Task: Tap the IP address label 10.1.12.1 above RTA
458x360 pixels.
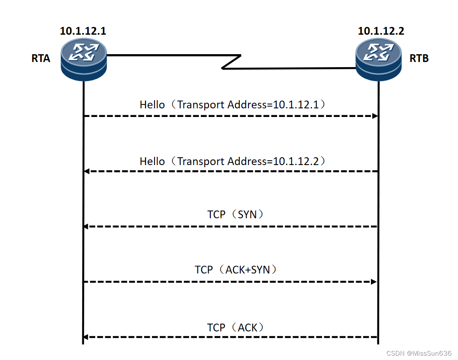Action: point(83,31)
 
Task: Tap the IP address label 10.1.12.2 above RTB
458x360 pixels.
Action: point(381,31)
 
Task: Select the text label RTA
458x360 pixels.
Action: point(41,58)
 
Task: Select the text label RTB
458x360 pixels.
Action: point(419,58)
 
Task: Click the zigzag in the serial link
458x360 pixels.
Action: point(231,62)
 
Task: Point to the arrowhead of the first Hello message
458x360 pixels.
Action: point(375,116)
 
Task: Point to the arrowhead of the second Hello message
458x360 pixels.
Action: point(87,172)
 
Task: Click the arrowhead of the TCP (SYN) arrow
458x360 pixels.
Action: point(87,227)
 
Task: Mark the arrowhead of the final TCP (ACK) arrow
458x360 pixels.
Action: point(87,337)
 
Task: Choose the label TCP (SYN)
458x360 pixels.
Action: point(235,214)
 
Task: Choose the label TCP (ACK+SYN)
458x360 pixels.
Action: point(235,270)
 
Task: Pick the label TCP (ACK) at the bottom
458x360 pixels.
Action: point(235,328)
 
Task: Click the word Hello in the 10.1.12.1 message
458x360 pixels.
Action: point(152,104)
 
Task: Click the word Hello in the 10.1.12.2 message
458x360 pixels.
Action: point(152,162)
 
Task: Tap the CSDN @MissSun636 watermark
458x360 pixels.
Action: point(418,354)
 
